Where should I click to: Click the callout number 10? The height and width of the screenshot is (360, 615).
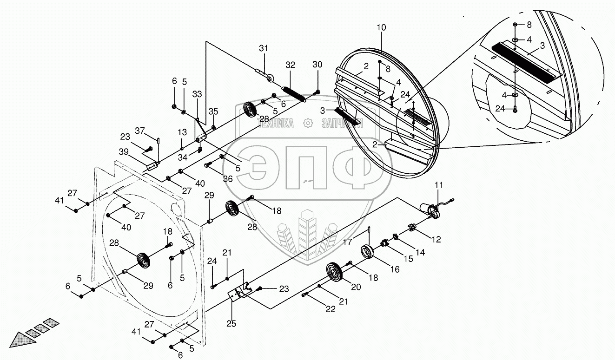381,27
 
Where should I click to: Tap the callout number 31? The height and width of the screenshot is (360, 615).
264,49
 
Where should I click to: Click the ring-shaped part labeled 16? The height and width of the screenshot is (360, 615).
369,252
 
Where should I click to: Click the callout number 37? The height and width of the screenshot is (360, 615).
139,130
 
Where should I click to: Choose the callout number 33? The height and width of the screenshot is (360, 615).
197,94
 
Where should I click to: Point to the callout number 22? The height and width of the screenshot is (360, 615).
331,309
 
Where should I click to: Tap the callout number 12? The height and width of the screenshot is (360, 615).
436,240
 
